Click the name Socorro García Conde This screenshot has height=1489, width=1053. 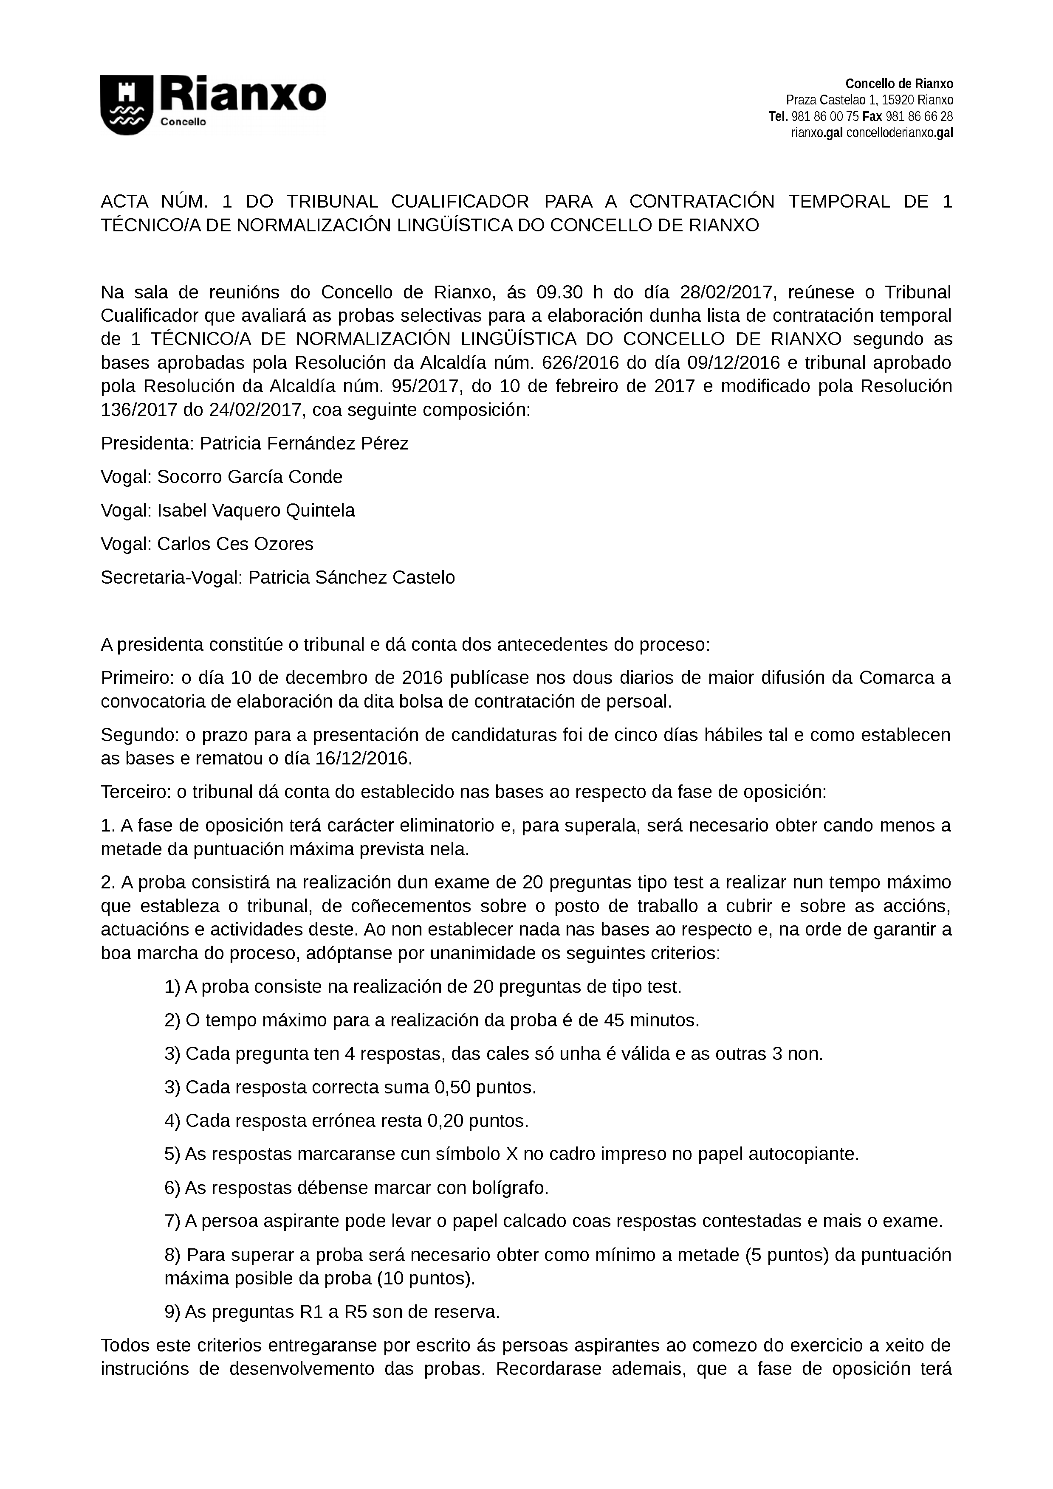[x=250, y=478]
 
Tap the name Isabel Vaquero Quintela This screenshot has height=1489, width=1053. [x=256, y=511]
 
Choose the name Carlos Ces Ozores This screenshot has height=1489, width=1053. [x=235, y=544]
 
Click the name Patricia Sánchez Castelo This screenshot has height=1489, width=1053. [x=352, y=578]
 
